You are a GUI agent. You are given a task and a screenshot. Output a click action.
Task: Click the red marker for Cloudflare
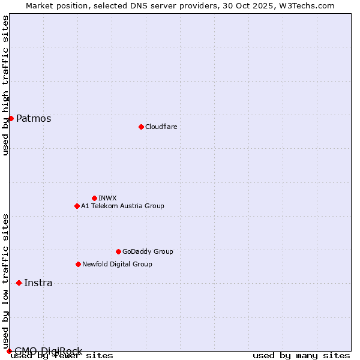click(141, 127)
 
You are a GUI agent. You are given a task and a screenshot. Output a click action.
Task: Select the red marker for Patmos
click(11, 118)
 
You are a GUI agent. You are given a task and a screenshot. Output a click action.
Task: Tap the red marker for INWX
click(94, 198)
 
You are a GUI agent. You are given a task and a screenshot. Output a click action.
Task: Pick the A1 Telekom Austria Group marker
click(77, 206)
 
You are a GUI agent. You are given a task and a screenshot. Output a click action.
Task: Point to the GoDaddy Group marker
click(118, 251)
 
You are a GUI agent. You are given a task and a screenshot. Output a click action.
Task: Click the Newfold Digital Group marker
click(78, 264)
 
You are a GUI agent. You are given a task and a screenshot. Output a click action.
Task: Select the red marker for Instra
click(19, 283)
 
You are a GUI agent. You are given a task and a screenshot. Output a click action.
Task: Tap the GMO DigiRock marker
click(9, 351)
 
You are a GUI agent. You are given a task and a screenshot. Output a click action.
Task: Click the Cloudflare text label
click(161, 127)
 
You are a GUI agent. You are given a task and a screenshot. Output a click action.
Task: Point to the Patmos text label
click(34, 118)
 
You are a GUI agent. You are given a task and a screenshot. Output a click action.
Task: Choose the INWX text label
click(107, 198)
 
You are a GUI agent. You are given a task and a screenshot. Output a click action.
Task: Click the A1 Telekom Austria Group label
click(122, 206)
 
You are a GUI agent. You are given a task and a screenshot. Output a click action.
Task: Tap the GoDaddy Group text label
click(148, 251)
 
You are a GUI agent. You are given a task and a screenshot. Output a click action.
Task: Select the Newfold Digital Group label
click(117, 264)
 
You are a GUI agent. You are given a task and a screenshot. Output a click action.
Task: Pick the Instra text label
click(38, 283)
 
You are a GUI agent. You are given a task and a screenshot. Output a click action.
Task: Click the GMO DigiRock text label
click(48, 351)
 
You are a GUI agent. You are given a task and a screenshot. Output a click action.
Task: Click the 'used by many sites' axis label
click(301, 356)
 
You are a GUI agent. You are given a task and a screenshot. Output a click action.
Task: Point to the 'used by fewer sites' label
click(62, 356)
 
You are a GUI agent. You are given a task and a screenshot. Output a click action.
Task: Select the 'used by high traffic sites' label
click(6, 85)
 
